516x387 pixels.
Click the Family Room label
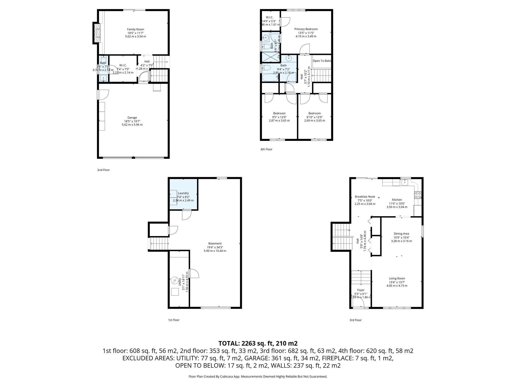click(x=136, y=29)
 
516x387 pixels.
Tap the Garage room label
click(x=132, y=118)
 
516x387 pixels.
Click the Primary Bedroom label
click(x=306, y=29)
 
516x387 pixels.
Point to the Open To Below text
click(x=322, y=61)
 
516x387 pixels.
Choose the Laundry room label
click(x=183, y=193)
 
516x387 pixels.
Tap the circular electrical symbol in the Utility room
click(x=174, y=280)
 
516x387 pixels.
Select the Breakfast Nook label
click(x=365, y=197)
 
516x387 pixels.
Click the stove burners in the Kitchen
click(x=418, y=195)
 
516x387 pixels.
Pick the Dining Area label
click(x=401, y=234)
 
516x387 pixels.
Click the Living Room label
click(x=397, y=279)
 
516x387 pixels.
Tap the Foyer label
click(x=361, y=290)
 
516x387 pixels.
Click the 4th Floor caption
click(x=266, y=149)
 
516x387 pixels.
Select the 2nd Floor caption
click(x=104, y=170)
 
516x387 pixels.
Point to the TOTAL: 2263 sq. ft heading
click(x=258, y=343)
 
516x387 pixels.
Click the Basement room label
click(x=215, y=244)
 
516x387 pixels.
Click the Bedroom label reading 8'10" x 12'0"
click(x=314, y=113)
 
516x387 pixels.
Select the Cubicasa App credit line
click(x=258, y=376)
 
